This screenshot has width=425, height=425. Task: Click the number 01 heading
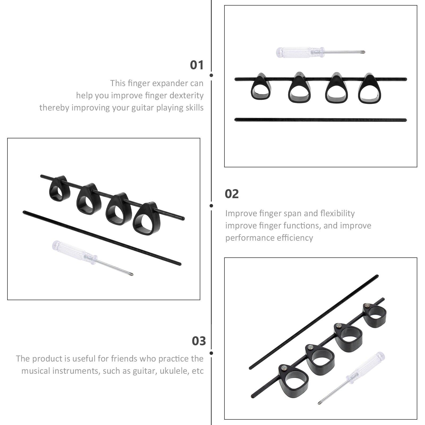197,65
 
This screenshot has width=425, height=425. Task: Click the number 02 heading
232,194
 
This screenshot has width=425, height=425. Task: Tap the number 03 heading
199,341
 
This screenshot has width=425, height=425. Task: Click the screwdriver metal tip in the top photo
363,52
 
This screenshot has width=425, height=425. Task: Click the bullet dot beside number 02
211,206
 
